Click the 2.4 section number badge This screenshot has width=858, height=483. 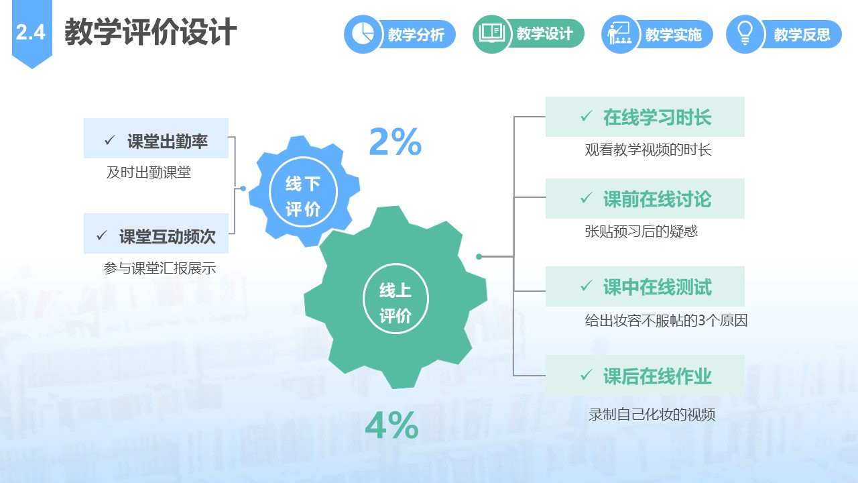(32, 33)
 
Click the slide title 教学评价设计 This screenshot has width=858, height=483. (151, 32)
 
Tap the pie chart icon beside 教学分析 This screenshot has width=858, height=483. (363, 34)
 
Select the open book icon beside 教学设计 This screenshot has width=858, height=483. (492, 34)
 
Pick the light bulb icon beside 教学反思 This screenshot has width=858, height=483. (745, 34)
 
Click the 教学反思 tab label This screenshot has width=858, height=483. (802, 34)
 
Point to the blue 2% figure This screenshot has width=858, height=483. (395, 142)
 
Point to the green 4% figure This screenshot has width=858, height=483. (392, 425)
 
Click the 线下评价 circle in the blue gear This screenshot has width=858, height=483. (303, 192)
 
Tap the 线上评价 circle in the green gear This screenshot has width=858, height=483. (395, 299)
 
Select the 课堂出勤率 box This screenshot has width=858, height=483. (156, 138)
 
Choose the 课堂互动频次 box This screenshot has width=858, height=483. (156, 233)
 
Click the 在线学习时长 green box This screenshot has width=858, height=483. (645, 117)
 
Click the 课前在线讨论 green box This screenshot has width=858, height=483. (645, 199)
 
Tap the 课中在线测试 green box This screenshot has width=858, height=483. (645, 286)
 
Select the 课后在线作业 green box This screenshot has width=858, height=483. (645, 375)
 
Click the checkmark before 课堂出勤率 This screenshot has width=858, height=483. (110, 140)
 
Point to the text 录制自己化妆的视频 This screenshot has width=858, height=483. (652, 415)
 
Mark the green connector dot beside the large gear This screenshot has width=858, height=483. (479, 256)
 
